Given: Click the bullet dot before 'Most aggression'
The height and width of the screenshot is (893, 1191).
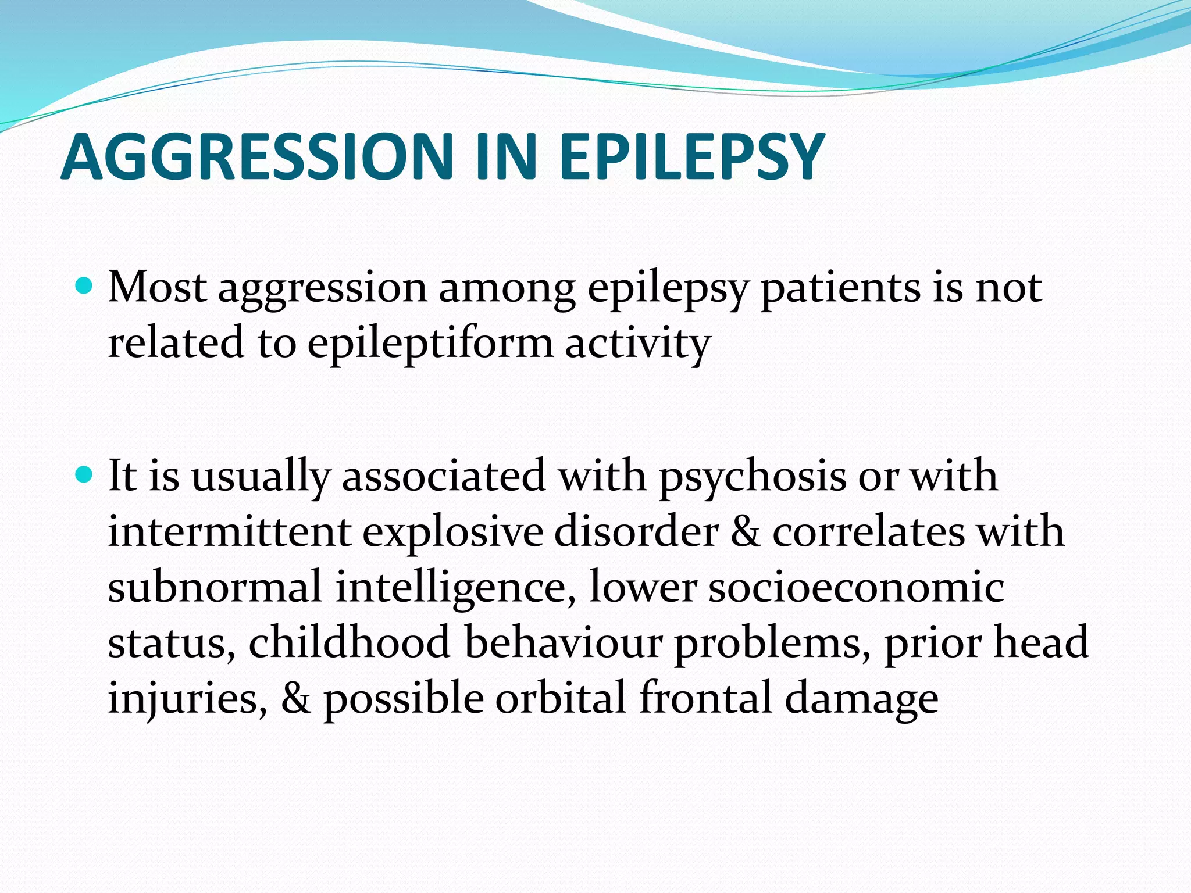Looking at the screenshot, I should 85,286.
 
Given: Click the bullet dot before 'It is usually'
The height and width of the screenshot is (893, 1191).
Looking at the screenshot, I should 85,475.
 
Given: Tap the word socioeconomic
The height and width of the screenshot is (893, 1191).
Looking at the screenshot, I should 855,587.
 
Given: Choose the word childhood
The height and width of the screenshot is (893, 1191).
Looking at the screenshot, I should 350,642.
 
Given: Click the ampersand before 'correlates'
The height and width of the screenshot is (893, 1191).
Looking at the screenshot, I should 745,532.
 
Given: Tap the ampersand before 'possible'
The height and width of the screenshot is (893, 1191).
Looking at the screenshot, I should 295,698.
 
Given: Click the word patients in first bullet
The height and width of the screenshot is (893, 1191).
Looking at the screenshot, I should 840,288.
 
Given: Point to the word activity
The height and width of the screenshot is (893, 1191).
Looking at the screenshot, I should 637,343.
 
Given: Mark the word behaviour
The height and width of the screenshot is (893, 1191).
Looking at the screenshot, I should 563,642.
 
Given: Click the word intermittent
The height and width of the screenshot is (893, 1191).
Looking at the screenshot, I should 229,532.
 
